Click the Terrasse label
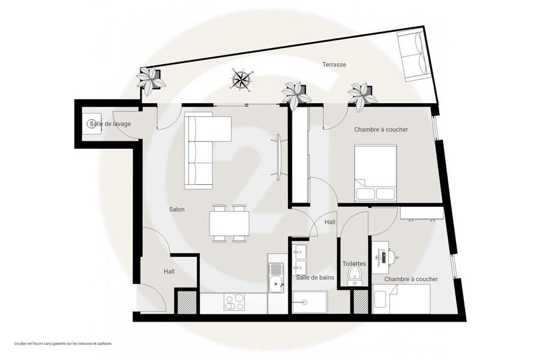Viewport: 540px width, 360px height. point(334,64)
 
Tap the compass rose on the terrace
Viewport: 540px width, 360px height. point(241,80)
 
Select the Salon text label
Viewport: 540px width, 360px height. point(176,209)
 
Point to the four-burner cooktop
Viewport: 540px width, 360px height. point(234,302)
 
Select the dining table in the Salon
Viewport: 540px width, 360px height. point(229,223)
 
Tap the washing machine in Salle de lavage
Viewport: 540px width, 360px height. point(92,124)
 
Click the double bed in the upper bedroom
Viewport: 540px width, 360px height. point(376,173)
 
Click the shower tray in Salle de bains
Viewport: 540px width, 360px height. point(310,302)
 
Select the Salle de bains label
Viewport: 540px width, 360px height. point(315,277)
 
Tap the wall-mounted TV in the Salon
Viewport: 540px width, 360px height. point(278,157)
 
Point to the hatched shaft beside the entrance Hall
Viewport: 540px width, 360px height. point(187,302)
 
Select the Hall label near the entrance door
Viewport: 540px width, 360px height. point(169,271)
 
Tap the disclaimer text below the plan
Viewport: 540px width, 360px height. point(64,343)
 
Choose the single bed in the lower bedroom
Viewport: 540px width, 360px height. point(401,299)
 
